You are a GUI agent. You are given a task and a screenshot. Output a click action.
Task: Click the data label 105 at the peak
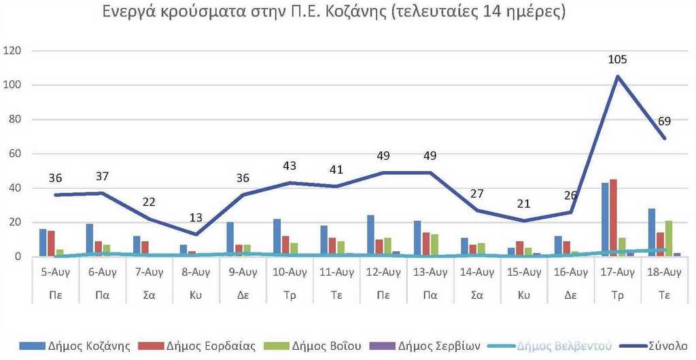[x=617, y=60]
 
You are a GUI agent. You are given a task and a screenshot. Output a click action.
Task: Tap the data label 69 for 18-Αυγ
[x=664, y=122]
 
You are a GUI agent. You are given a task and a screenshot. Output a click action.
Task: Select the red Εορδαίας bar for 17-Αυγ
[x=614, y=218]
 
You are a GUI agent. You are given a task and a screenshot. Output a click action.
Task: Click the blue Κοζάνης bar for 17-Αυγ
[x=606, y=219]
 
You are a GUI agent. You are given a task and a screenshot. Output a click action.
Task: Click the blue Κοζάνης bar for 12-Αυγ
[x=370, y=236]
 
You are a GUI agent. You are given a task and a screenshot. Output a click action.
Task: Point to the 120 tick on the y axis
[x=14, y=51]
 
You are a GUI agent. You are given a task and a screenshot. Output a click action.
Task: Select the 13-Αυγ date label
[x=430, y=273]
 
